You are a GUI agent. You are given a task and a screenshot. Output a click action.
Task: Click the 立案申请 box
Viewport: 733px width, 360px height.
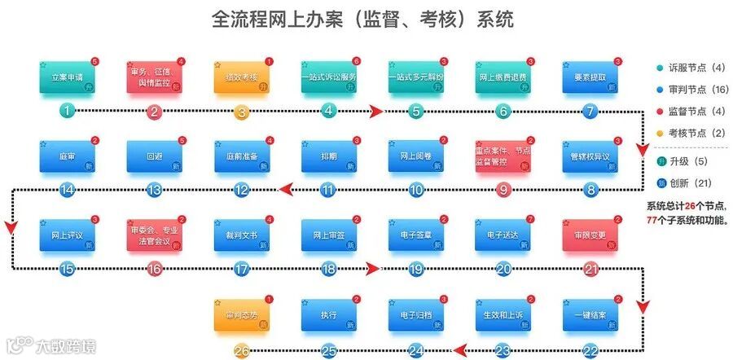pyautogui.click(x=68, y=77)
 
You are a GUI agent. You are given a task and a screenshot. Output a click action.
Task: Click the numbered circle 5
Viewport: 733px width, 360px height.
pyautogui.click(x=416, y=112)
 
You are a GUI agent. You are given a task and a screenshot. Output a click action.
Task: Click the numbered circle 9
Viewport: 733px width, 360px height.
pyautogui.click(x=503, y=190)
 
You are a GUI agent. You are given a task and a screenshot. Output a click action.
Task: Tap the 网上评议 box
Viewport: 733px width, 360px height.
pyautogui.click(x=68, y=235)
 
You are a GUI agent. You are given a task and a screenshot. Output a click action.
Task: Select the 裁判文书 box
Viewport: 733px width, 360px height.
pyautogui.click(x=242, y=235)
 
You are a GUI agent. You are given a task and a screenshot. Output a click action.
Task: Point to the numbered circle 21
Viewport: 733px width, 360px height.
pyautogui.click(x=591, y=269)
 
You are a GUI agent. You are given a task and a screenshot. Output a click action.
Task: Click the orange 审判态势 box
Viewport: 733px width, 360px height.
pyautogui.click(x=242, y=314)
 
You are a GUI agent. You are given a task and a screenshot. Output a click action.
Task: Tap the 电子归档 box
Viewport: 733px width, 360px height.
pyautogui.click(x=416, y=314)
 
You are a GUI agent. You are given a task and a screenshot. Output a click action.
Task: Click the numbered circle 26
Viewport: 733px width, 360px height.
pyautogui.click(x=242, y=351)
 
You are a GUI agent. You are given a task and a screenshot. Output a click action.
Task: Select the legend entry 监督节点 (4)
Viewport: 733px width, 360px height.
pyautogui.click(x=690, y=110)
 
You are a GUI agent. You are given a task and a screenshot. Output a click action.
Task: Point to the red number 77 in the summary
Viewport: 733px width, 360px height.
pyautogui.click(x=651, y=220)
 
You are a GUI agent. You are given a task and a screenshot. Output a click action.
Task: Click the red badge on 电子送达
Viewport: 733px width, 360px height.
pyautogui.click(x=531, y=218)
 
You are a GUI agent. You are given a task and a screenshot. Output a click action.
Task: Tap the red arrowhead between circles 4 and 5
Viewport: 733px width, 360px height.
pyautogui.click(x=375, y=112)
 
